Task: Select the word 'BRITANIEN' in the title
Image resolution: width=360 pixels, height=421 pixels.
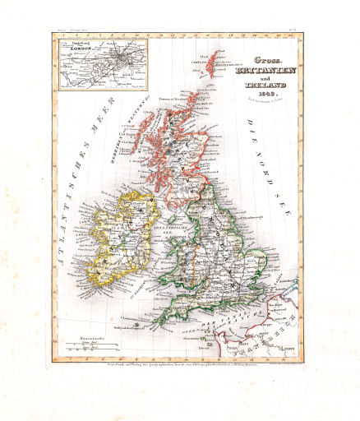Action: (253, 73)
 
